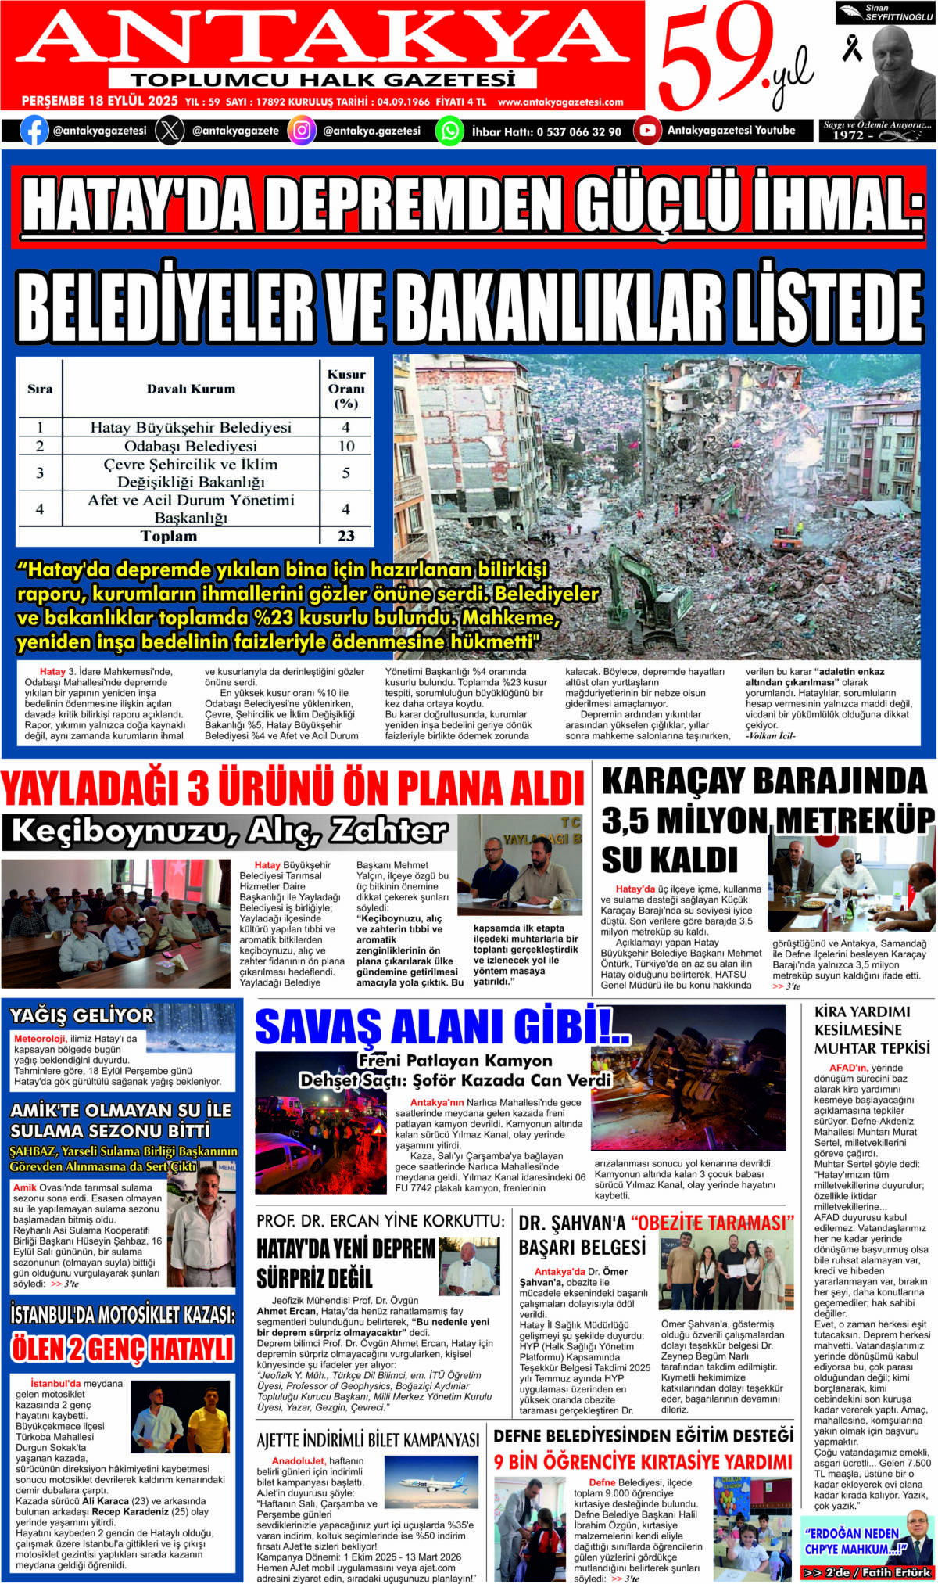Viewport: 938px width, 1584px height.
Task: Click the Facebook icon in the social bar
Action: click(x=33, y=131)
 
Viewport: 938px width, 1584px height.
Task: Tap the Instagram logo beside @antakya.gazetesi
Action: click(x=302, y=131)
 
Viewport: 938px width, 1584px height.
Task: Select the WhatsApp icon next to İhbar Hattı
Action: click(x=449, y=131)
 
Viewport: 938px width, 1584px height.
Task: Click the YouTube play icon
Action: click(x=647, y=131)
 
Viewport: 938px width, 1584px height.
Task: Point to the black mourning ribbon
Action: click(x=851, y=49)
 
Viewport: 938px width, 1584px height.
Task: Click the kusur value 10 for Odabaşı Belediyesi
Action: click(x=346, y=446)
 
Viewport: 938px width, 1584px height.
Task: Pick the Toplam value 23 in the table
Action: click(x=346, y=536)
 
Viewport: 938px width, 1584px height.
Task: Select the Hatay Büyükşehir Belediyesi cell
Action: click(x=191, y=427)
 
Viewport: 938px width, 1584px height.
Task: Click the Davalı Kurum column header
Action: click(x=191, y=389)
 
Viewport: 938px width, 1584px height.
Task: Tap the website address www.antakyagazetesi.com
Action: click(x=560, y=102)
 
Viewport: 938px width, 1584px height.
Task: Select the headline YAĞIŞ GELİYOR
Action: click(x=81, y=1016)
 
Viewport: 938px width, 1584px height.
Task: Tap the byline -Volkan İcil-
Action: click(x=770, y=736)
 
